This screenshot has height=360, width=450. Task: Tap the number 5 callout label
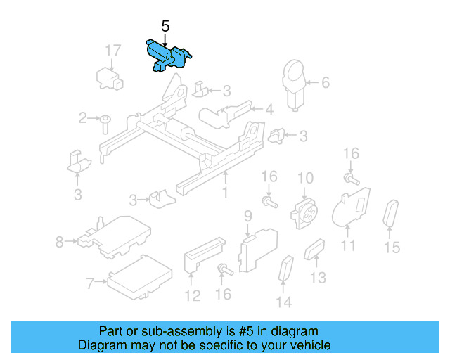click(x=165, y=27)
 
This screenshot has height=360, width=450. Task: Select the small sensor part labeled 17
click(x=110, y=75)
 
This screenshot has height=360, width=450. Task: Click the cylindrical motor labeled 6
click(x=295, y=83)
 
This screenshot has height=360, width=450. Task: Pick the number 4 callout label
click(x=269, y=109)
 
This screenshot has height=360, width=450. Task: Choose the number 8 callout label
click(x=60, y=243)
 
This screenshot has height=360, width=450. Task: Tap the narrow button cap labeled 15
click(x=390, y=214)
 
